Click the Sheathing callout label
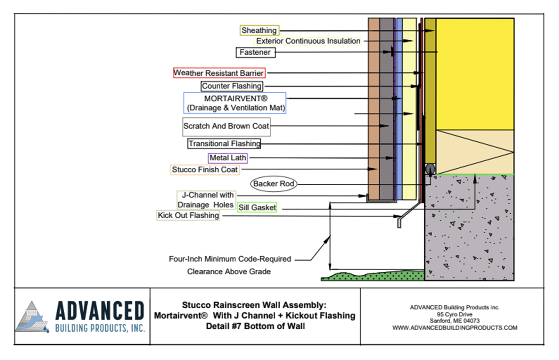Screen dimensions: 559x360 pos(259,30)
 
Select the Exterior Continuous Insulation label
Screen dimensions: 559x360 pos(308,41)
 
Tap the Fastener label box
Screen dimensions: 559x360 pos(255,52)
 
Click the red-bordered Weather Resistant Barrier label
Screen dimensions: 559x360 pos(219,73)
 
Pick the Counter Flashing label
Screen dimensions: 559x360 pos(232,86)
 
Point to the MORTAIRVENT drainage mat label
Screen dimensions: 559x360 pos(235,103)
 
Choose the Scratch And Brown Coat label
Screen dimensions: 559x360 pos(226,127)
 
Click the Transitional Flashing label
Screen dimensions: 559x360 pos(224,144)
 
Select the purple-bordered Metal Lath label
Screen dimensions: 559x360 pos(228,158)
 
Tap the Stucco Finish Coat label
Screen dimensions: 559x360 pos(205,170)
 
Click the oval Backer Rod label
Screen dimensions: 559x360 pos(274,184)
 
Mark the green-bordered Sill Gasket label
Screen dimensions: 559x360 pos(257,207)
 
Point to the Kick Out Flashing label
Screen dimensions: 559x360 pos(188,216)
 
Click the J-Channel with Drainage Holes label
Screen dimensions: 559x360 pos(206,200)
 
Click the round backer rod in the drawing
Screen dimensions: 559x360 pos(430,169)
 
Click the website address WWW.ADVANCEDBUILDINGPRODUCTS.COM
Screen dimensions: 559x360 pos(455,328)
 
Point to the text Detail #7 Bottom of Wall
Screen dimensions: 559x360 pos(255,326)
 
